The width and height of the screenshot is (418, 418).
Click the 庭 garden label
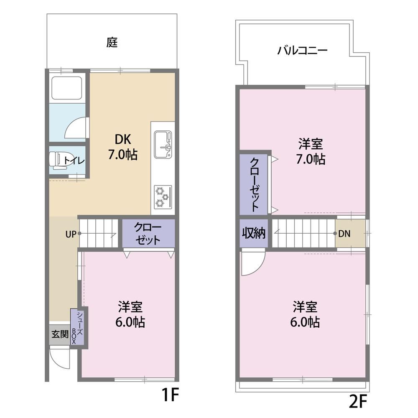tap(112, 42)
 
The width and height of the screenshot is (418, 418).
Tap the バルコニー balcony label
tap(302, 50)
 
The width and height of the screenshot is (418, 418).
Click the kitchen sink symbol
tap(163, 145)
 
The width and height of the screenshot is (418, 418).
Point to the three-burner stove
tap(163, 197)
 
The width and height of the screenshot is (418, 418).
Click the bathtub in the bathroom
tap(66, 88)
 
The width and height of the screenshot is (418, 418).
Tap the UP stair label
tap(71, 234)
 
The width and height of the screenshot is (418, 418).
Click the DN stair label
tap(344, 234)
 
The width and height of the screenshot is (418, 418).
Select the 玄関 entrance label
tap(60, 334)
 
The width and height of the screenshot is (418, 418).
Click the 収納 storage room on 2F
tap(254, 233)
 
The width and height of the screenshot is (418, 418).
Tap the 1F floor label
tap(170, 395)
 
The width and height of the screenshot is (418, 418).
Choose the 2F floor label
tap(358, 401)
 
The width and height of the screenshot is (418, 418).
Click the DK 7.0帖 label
tap(123, 147)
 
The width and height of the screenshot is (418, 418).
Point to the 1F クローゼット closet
tap(148, 233)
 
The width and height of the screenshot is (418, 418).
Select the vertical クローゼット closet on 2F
tap(254, 184)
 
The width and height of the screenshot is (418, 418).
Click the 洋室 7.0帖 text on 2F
tap(311, 151)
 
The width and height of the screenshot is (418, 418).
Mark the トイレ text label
tap(74, 161)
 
